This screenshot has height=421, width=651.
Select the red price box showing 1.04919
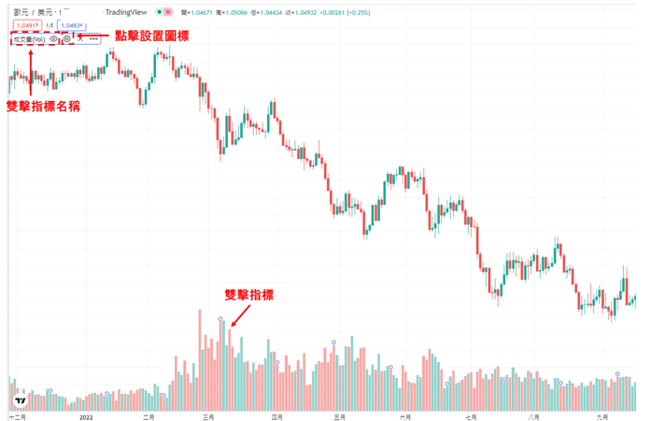tap(28, 25)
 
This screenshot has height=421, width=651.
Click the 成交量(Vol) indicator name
tap(29, 39)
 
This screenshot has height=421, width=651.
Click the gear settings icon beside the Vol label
tap(67, 39)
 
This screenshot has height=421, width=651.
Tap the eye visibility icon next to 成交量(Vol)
tap(53, 39)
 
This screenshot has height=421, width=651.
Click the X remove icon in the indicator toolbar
tap(80, 39)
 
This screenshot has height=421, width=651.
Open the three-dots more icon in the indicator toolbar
tap(93, 39)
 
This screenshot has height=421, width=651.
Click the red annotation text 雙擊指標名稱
tap(43, 106)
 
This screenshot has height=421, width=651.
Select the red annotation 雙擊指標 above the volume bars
tap(249, 295)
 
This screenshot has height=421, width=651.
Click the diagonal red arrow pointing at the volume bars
tap(238, 317)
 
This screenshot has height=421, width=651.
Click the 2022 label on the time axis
tap(87, 417)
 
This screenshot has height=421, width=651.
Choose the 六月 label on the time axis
tap(404, 417)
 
